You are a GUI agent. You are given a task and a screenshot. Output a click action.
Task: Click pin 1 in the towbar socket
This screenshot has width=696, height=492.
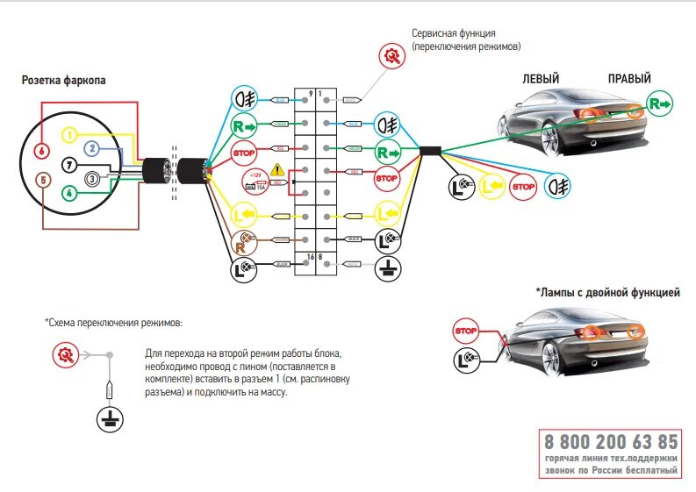tap(69, 134)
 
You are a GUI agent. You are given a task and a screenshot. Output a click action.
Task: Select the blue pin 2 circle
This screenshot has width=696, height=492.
tap(90, 149)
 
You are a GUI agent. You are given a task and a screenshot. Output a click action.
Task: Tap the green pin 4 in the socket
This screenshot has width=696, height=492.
tap(69, 192)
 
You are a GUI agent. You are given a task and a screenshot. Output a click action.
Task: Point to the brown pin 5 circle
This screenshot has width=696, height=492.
tap(41, 180)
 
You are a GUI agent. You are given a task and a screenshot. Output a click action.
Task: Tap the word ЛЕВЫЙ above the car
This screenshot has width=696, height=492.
tap(541, 79)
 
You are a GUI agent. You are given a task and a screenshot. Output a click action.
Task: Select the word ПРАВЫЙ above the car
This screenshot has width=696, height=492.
tap(629, 79)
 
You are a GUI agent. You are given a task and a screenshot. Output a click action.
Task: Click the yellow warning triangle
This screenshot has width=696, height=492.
tap(277, 168)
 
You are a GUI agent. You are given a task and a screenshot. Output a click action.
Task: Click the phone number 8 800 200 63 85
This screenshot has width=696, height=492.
tap(611, 441)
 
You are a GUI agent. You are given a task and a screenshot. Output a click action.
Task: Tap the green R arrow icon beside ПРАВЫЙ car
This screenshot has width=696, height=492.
tap(660, 104)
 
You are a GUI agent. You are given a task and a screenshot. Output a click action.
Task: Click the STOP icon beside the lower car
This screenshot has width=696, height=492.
tap(466, 332)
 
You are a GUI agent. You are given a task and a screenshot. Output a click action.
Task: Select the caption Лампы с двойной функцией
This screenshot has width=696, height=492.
tap(607, 292)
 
